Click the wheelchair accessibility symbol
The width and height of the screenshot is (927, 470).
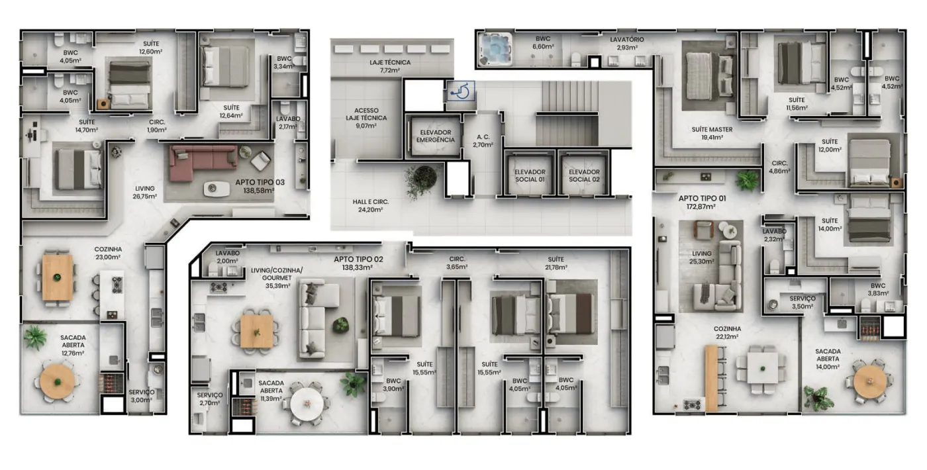tap(461, 91)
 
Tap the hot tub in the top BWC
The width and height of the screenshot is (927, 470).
tap(495, 49)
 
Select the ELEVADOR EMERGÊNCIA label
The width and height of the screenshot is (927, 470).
tap(436, 136)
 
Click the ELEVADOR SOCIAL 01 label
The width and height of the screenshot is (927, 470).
tap(530, 175)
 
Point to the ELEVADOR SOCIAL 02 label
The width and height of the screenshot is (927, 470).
tap(584, 175)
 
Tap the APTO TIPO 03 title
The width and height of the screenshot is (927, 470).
tap(260, 182)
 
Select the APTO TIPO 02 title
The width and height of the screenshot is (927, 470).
tap(358, 259)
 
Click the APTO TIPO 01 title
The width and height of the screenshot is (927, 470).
tap(702, 199)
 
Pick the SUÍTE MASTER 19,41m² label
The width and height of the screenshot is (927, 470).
tap(712, 133)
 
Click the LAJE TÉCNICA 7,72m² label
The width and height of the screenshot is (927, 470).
tap(390, 66)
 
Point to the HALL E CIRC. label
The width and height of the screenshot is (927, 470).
tap(370, 202)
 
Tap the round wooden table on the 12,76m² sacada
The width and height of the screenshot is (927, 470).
tap(57, 381)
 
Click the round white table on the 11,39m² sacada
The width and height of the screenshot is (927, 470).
tap(307, 403)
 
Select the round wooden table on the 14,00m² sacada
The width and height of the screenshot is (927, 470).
tap(870, 382)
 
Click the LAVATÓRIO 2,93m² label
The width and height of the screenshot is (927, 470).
tap(626, 44)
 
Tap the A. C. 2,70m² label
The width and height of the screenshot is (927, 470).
tap(483, 140)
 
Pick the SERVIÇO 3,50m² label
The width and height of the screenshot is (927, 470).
tap(803, 303)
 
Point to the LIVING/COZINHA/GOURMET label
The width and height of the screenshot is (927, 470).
tap(277, 274)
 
